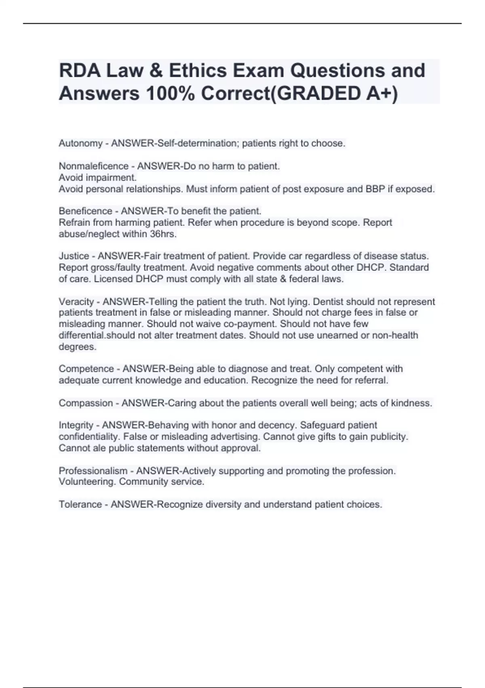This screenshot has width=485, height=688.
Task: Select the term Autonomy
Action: tap(80, 143)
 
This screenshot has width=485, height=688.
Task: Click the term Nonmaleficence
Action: tap(88, 166)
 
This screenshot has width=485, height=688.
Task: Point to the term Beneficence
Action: tap(85, 211)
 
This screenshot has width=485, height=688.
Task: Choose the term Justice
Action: tap(74, 256)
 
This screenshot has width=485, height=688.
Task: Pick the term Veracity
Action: tap(76, 302)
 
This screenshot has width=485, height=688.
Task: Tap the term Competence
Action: tap(86, 369)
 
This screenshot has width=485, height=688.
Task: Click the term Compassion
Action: tap(86, 403)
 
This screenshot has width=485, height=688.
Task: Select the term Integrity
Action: tap(76, 425)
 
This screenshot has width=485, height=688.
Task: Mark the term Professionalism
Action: tap(93, 471)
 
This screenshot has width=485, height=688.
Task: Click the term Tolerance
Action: tap(80, 504)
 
